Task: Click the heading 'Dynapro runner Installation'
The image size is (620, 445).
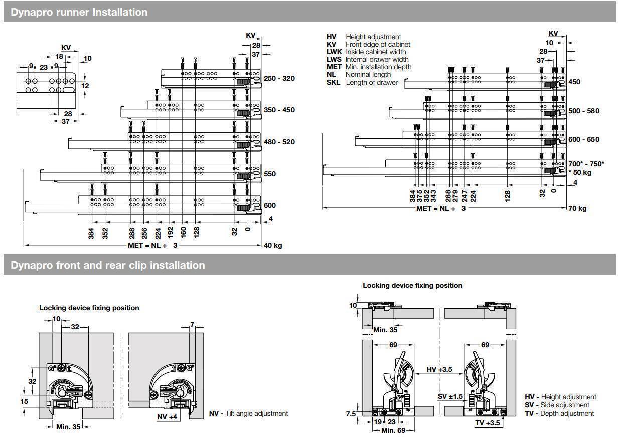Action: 79,12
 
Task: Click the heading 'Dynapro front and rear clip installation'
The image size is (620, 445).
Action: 107,265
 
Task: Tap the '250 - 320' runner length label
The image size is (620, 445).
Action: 279,79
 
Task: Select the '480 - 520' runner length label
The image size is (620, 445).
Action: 279,142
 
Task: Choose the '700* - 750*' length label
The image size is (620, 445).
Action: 586,164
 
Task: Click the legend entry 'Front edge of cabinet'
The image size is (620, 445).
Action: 378,44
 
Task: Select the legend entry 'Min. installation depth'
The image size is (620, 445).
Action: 378,67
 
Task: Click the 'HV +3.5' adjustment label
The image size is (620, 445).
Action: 439,369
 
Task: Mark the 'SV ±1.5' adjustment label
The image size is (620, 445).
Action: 449,396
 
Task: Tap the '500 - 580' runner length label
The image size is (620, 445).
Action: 584,111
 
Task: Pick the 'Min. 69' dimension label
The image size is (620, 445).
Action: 393,430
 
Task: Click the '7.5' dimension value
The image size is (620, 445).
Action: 351,414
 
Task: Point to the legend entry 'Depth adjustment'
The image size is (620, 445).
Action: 567,413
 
